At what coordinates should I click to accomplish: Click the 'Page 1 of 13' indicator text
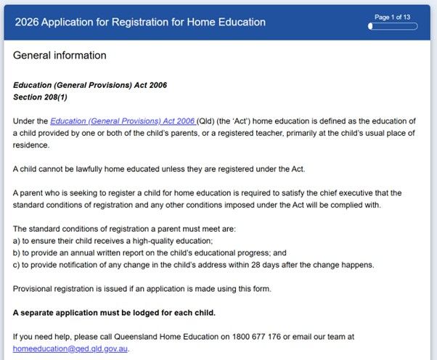[392, 16]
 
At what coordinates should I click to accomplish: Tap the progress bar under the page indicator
[393, 26]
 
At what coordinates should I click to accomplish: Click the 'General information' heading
[60, 55]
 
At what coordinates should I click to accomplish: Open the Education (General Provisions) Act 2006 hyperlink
[122, 120]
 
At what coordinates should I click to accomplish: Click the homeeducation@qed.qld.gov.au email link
[70, 348]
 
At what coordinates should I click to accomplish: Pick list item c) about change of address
[193, 264]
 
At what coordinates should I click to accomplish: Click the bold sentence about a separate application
[114, 313]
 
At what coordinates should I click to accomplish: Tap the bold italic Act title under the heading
[90, 85]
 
